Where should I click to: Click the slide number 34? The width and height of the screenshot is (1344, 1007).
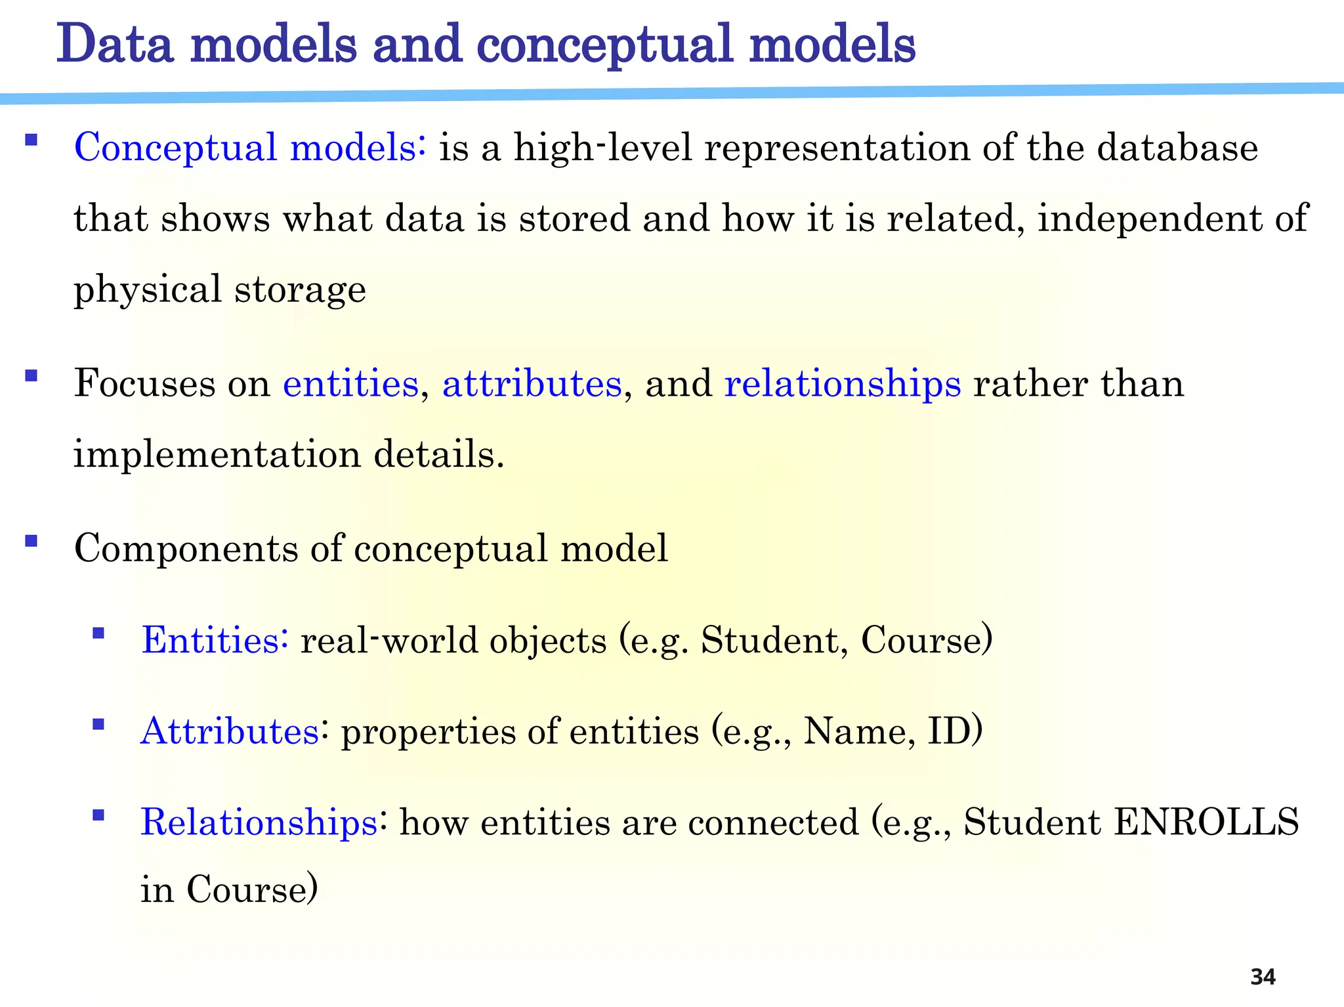(x=1262, y=977)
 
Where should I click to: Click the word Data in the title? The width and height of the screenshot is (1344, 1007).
(x=114, y=44)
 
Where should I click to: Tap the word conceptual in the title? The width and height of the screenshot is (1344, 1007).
(x=603, y=45)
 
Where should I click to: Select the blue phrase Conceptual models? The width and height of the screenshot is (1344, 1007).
(x=250, y=147)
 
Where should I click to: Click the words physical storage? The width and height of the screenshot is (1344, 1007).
(x=220, y=290)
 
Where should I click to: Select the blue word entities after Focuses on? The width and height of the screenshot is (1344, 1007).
(x=350, y=383)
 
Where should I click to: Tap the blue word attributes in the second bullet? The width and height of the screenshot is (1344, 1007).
(x=532, y=383)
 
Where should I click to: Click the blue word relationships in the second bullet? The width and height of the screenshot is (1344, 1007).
(x=842, y=385)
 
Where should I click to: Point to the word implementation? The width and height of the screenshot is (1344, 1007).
(x=217, y=454)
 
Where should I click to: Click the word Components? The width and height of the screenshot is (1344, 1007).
(x=186, y=549)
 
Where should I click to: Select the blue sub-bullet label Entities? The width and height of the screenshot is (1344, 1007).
(x=215, y=640)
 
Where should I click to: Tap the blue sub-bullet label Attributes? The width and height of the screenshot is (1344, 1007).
(x=230, y=731)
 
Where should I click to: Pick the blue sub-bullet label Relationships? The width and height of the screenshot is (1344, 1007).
(x=259, y=823)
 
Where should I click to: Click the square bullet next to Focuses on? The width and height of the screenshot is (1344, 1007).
(x=31, y=376)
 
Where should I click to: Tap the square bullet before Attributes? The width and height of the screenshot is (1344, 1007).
(x=98, y=724)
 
